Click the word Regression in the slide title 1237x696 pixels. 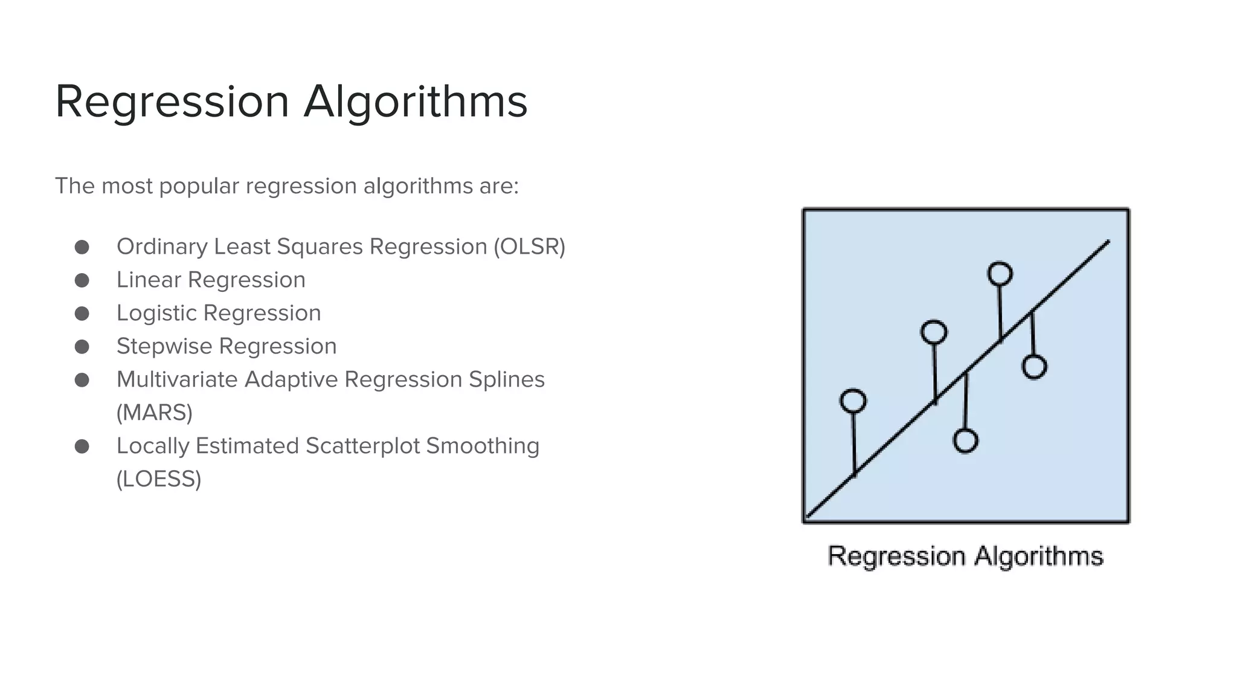pyautogui.click(x=172, y=101)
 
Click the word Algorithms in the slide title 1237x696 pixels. pyautogui.click(x=416, y=101)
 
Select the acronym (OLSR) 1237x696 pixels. pyautogui.click(x=529, y=246)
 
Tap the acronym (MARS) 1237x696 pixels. pyautogui.click(x=155, y=413)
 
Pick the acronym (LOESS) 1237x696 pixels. pyautogui.click(x=159, y=479)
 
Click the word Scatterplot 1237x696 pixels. pyautogui.click(x=362, y=446)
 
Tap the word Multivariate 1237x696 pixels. pyautogui.click(x=177, y=379)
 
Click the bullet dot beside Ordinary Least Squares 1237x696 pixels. pyautogui.click(x=82, y=247)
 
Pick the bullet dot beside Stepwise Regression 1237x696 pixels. pyautogui.click(x=82, y=347)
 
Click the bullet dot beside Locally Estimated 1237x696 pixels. pyautogui.click(x=82, y=446)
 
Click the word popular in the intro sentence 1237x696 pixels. pyautogui.click(x=199, y=186)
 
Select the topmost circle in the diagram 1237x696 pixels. pyautogui.click(x=1000, y=274)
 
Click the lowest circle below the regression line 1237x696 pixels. pyautogui.click(x=965, y=441)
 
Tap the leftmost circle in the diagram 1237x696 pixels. pyautogui.click(x=853, y=401)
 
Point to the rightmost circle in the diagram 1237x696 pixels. pyautogui.click(x=1034, y=367)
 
